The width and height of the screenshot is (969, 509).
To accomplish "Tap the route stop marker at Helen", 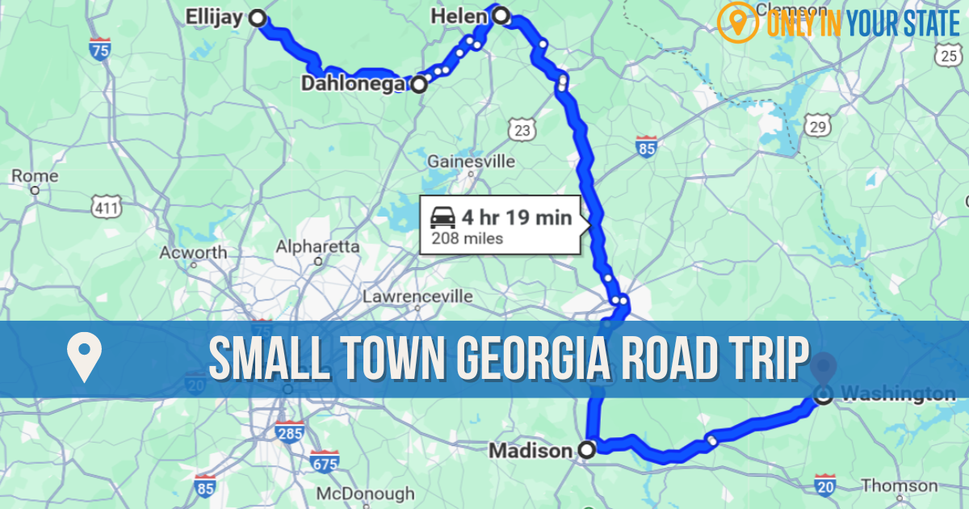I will point(501,15).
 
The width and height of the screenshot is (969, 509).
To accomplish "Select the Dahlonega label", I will point(354,83).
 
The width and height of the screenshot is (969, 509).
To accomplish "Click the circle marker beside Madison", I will point(587,450).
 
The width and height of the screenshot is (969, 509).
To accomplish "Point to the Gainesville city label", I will point(471,161).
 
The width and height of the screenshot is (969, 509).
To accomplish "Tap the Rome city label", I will point(34,175).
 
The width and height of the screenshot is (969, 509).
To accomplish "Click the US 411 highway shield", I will point(107,208).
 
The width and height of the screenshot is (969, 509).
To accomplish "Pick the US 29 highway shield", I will point(818,126).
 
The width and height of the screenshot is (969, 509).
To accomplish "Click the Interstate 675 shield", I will point(324,462).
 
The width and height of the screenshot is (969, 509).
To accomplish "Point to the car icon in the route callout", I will point(443,217).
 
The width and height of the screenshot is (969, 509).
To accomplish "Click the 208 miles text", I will point(467,238).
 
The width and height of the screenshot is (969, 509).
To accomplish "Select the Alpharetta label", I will point(317,246).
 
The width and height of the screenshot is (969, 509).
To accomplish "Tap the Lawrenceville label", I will point(417,297).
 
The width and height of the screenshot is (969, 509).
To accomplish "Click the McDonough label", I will point(365,493).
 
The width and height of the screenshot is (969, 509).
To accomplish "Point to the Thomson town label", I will point(900,486).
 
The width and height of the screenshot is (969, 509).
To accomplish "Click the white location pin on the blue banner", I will point(84,359).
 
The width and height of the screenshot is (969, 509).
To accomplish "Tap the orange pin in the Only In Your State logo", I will point(732,23).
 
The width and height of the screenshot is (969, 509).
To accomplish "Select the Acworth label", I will point(193,252).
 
